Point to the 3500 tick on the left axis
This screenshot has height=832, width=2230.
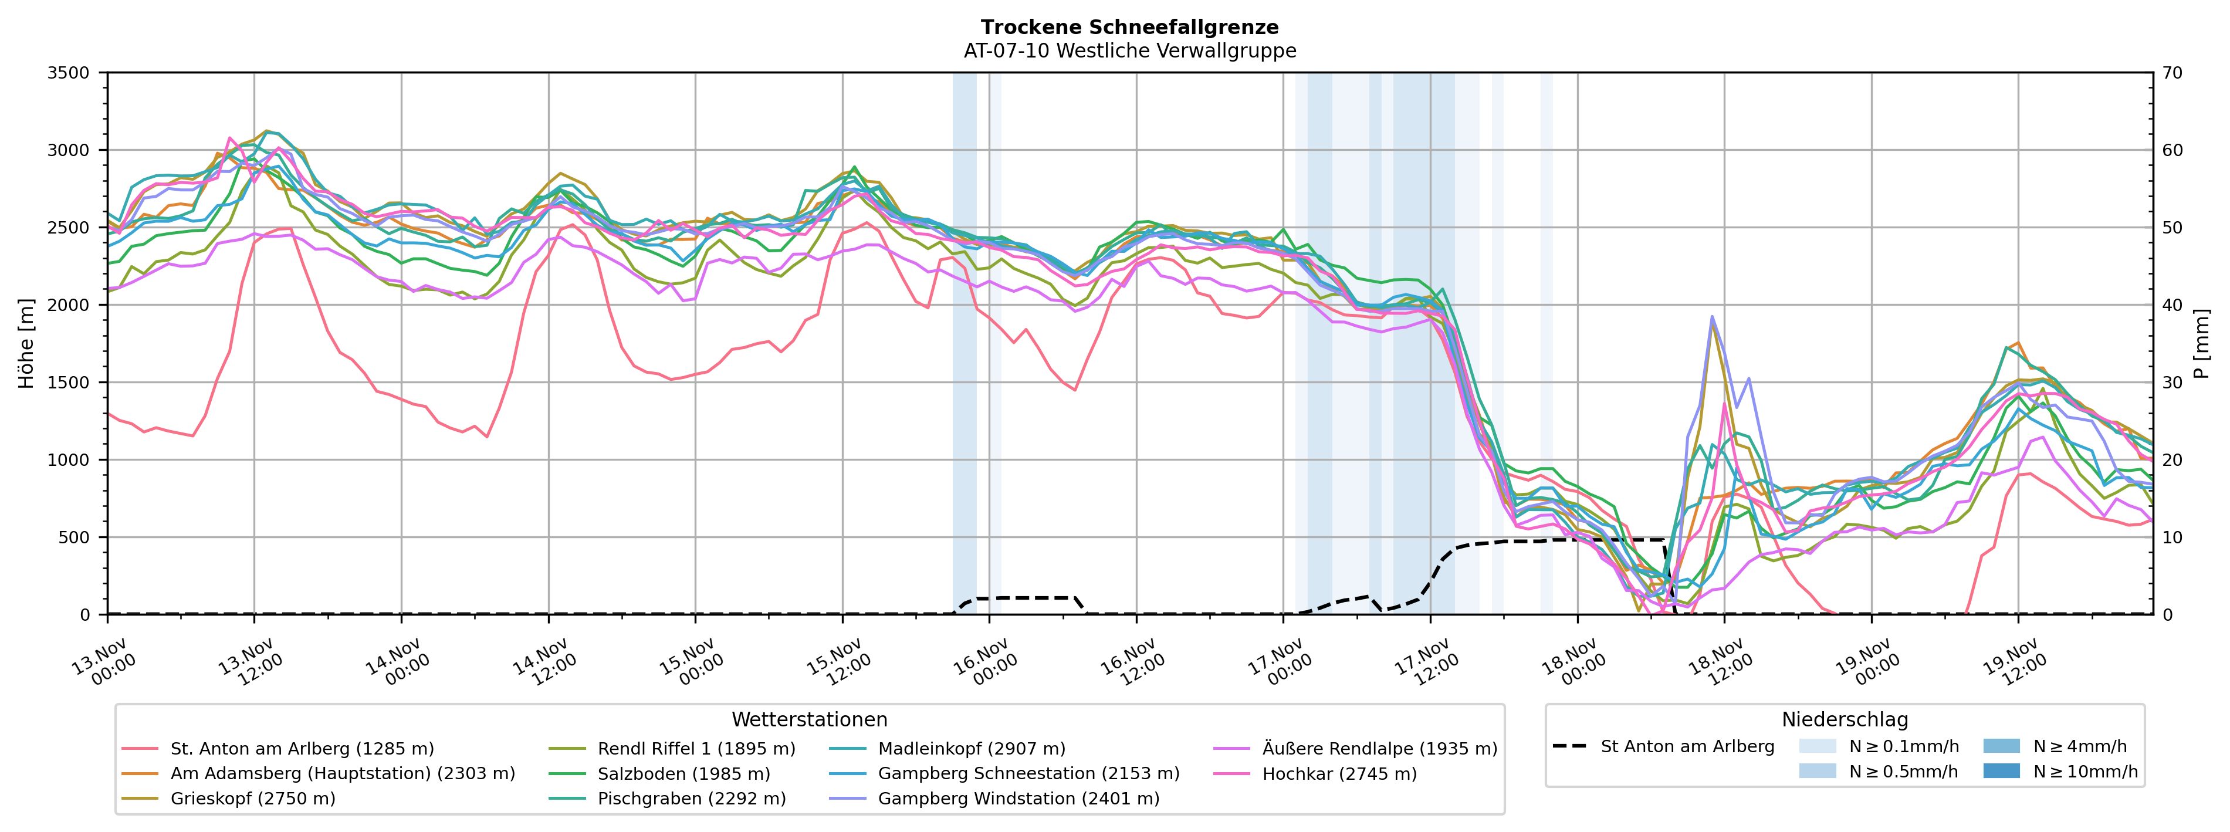pos(69,73)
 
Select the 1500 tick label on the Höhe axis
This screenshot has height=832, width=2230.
pos(69,383)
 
